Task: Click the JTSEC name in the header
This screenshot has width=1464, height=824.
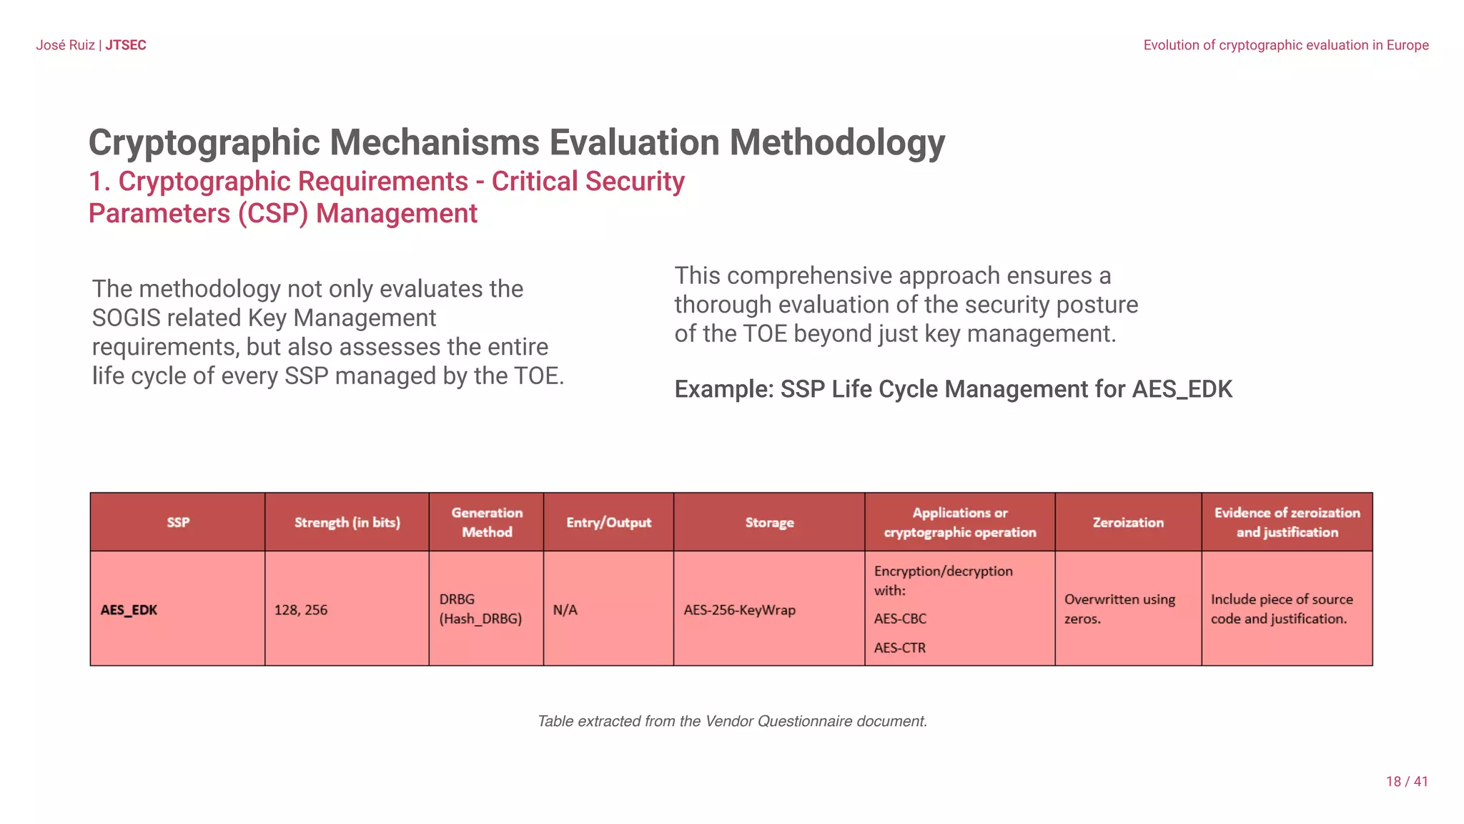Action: [x=126, y=45]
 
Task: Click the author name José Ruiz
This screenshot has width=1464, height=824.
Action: [x=65, y=45]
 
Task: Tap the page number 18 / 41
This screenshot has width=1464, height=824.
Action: [x=1406, y=782]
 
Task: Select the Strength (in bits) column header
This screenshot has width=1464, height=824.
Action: [x=347, y=522]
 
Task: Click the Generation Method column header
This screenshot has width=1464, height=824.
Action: [x=486, y=522]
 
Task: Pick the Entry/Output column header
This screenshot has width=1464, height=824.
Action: [x=608, y=522]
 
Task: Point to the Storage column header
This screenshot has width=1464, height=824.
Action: [x=769, y=522]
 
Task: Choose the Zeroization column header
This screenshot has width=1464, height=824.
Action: [x=1127, y=522]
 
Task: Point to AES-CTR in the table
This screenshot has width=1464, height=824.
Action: [x=899, y=648]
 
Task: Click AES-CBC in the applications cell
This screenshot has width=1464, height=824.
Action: [x=899, y=619]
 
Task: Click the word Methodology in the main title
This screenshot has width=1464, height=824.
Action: [x=836, y=142]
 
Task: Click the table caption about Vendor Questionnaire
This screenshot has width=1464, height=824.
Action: [x=732, y=721]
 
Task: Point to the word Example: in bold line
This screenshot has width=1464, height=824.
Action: [x=724, y=390]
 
